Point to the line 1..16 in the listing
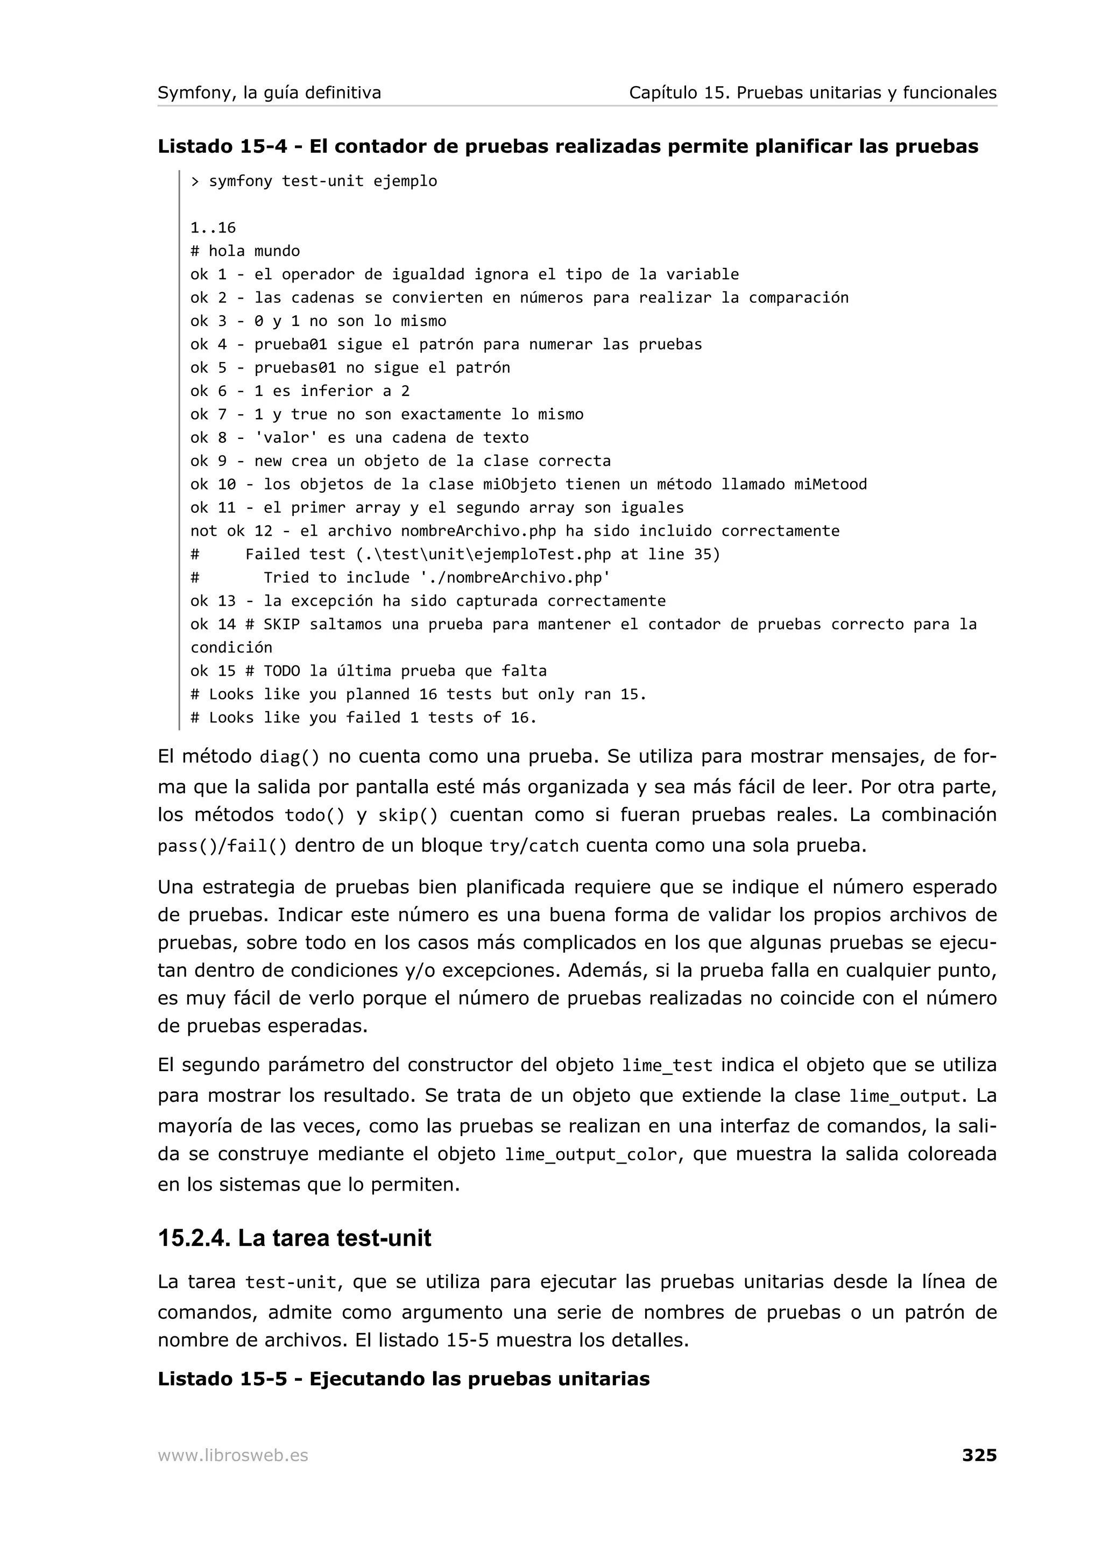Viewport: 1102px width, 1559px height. tap(213, 228)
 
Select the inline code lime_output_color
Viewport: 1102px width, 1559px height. tap(591, 1155)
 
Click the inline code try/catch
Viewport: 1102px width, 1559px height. tap(534, 847)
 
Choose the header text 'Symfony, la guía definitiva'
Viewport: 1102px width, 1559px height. tap(269, 93)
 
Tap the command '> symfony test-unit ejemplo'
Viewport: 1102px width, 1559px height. tap(313, 181)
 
